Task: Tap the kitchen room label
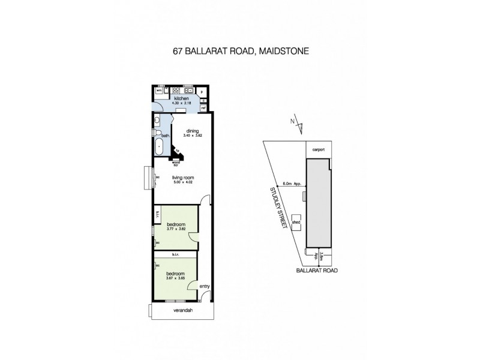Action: (x=182, y=98)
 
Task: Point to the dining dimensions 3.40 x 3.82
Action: (x=193, y=136)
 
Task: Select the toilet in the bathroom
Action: (x=158, y=121)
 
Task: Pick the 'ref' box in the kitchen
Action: (x=204, y=109)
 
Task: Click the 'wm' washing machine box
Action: (x=158, y=91)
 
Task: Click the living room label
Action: (x=182, y=178)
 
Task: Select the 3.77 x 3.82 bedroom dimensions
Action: (x=176, y=229)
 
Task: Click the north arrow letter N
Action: (x=292, y=121)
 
